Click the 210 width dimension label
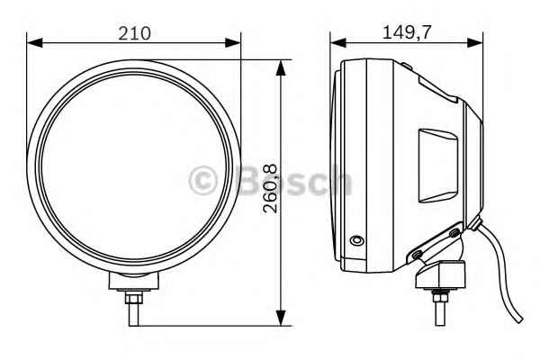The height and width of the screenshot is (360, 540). pos(134,33)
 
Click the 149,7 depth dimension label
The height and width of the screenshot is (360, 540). pos(407,32)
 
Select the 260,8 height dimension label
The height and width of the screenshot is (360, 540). pos(270,188)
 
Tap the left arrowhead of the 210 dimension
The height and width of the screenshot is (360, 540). pos(34,42)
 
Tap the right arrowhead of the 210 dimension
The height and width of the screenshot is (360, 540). pos(233,42)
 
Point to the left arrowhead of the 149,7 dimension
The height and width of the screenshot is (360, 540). pos(337,42)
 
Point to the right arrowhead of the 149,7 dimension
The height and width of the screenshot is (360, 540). pos(475,42)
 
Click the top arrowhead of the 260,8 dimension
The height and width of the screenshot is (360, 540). pos(281,67)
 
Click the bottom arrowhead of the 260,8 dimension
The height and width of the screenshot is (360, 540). pos(281,318)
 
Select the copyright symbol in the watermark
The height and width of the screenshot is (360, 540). pos(203,181)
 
